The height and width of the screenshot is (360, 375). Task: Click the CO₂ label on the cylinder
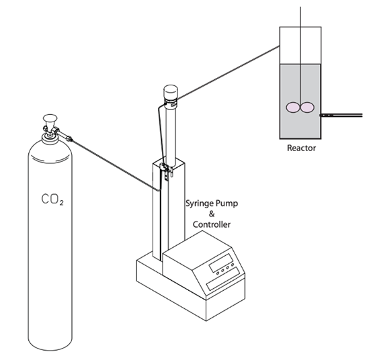point(52,199)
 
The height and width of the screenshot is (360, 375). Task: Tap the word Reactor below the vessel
point(301,148)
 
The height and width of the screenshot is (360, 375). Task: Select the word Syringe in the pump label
point(200,204)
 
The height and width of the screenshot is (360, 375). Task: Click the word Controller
point(212,224)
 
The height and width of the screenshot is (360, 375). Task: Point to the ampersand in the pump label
point(212,214)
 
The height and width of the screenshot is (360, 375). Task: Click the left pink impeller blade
point(292,107)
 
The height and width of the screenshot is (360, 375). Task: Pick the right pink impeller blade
point(307,107)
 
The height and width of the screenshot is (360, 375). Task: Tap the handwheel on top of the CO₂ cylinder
point(50,118)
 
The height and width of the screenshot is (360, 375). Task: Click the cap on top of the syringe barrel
point(171,92)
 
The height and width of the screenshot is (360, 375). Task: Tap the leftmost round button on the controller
point(218,273)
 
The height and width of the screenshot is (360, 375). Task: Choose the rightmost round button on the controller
point(233,265)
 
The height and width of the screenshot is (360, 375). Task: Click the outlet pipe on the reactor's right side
point(341,116)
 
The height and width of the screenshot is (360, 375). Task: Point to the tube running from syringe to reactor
point(228,73)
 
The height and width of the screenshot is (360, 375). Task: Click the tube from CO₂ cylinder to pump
point(115,165)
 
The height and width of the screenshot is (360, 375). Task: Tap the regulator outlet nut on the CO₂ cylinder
point(69,138)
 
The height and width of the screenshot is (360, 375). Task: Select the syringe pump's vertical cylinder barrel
point(171,134)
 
